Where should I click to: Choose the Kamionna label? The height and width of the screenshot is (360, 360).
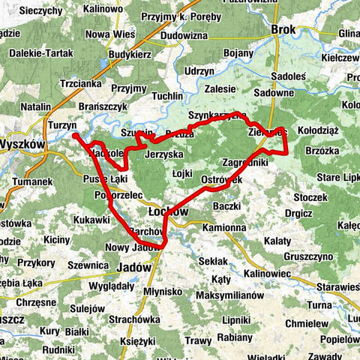(224, 226)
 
